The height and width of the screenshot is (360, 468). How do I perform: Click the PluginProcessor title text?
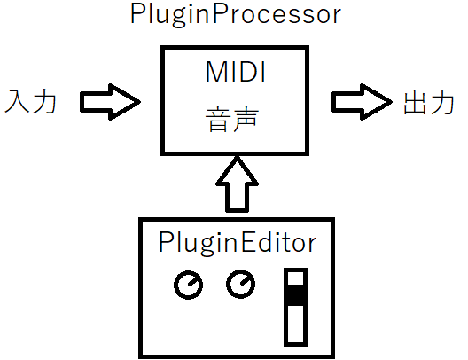[236, 15]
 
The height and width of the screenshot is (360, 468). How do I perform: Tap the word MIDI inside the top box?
[236, 72]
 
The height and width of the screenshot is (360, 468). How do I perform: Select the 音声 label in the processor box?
[231, 120]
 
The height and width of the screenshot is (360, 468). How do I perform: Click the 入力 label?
[31, 101]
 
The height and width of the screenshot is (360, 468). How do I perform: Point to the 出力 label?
[429, 103]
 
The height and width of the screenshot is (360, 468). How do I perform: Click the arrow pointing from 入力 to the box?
[110, 102]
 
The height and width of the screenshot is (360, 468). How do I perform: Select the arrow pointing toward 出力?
[362, 102]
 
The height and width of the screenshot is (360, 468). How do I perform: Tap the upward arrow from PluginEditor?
[237, 184]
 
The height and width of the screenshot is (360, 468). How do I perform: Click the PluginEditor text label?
[238, 243]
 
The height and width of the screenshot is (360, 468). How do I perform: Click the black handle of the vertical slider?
[295, 295]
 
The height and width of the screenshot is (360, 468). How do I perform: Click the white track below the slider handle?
[295, 324]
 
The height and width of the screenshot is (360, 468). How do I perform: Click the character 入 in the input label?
[18, 101]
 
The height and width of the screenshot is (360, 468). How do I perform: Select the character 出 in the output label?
[415, 103]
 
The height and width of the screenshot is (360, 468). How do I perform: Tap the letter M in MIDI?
[215, 72]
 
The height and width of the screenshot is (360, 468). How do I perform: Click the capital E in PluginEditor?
[246, 241]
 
